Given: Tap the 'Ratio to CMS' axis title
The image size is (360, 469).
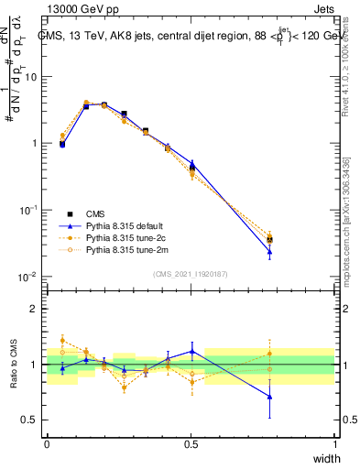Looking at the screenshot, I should tap(14, 363).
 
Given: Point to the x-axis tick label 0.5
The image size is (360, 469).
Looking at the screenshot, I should tap(191, 444).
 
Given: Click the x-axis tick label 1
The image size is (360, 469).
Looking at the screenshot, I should tap(335, 444).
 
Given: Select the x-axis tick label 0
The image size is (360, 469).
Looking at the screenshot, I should tap(47, 444).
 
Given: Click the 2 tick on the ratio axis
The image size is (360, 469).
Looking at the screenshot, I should tap(35, 309).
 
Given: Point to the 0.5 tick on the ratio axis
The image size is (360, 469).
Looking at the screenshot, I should tap(31, 420).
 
